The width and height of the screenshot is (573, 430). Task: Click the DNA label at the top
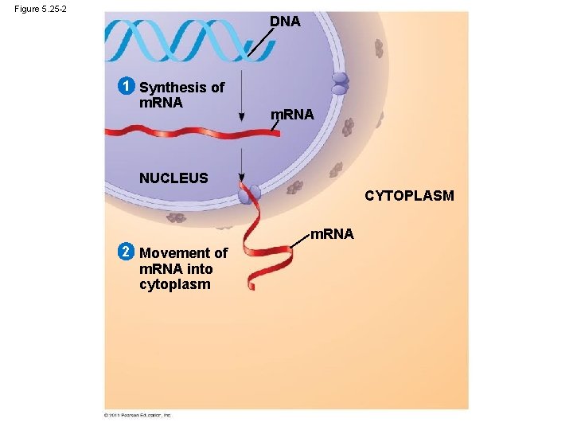coord(285,21)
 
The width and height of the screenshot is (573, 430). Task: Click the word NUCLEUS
coord(173,178)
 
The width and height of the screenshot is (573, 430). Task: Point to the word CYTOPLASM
coord(409,195)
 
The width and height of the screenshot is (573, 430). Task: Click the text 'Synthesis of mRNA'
coord(181,95)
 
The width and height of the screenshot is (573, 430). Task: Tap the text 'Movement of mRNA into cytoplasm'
coord(183,268)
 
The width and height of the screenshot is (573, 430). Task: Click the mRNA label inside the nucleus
coord(292,115)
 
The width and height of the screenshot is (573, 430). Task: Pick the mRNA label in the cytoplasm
coord(332,234)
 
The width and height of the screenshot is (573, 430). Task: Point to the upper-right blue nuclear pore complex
coord(340,84)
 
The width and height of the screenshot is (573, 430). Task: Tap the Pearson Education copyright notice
coord(137,415)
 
